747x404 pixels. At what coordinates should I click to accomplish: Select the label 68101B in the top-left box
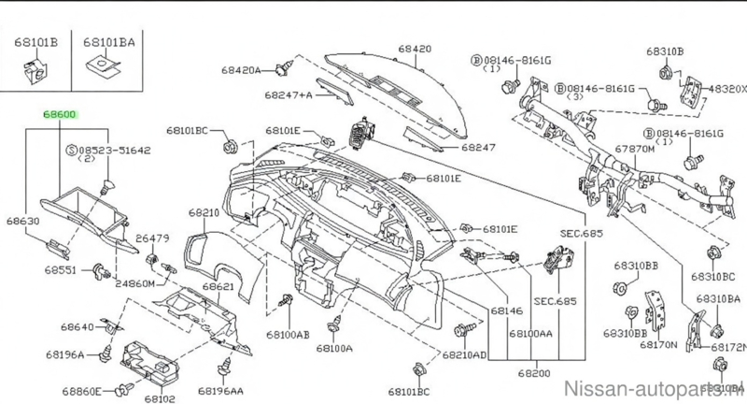[x=36, y=42]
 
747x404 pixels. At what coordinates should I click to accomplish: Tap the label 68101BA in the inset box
[x=107, y=42]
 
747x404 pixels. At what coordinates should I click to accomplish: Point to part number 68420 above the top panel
[x=415, y=47]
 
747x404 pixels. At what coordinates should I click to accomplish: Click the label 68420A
[x=241, y=69]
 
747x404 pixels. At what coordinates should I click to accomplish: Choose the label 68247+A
[x=288, y=95]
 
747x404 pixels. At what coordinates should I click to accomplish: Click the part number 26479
[x=152, y=238]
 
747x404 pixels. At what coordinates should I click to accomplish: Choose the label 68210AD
[x=464, y=356]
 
